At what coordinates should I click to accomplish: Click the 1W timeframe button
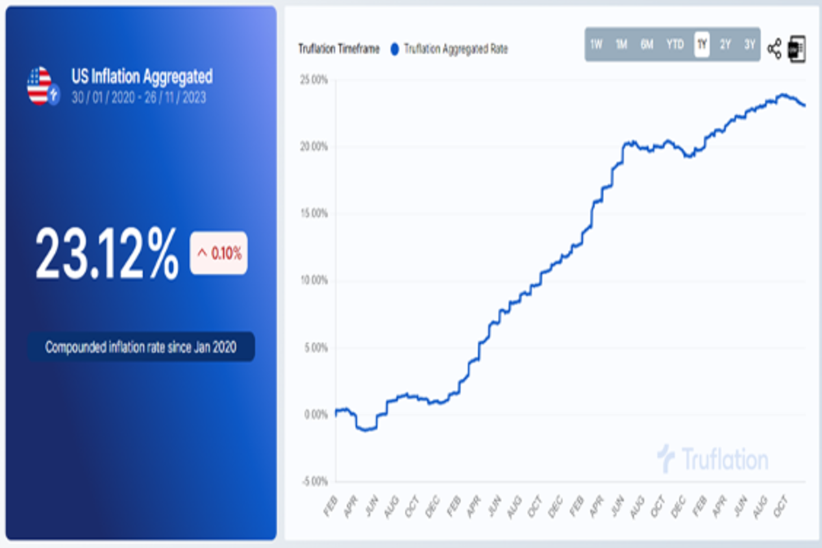pyautogui.click(x=596, y=45)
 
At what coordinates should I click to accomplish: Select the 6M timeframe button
pyautogui.click(x=647, y=45)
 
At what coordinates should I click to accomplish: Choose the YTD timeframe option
pyautogui.click(x=675, y=45)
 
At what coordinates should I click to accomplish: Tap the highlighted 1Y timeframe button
pyautogui.click(x=701, y=45)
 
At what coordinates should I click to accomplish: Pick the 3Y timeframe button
pyautogui.click(x=749, y=45)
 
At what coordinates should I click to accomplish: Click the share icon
pyautogui.click(x=774, y=49)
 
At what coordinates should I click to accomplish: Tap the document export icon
pyautogui.click(x=796, y=49)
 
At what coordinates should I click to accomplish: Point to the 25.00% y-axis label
pyautogui.click(x=313, y=80)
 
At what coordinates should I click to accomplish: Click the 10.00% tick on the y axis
pyautogui.click(x=313, y=281)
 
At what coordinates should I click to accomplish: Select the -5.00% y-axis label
pyautogui.click(x=313, y=482)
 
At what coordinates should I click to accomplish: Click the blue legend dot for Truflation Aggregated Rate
pyautogui.click(x=394, y=49)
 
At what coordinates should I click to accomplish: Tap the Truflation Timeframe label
pyautogui.click(x=338, y=49)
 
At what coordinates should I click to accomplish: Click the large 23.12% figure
pyautogui.click(x=107, y=253)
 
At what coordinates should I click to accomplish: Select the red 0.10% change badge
pyautogui.click(x=219, y=253)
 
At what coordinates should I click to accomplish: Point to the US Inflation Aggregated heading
pyautogui.click(x=142, y=76)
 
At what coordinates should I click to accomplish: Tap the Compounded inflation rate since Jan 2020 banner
pyautogui.click(x=141, y=347)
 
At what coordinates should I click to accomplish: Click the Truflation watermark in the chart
pyautogui.click(x=712, y=459)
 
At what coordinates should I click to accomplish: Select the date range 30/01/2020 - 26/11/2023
pyautogui.click(x=138, y=97)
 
